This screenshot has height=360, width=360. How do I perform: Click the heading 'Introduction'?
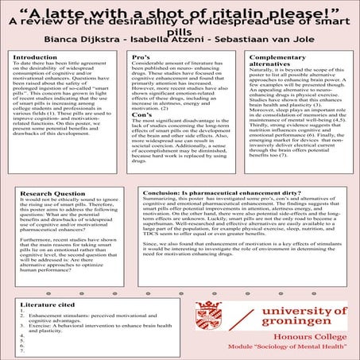35,58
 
